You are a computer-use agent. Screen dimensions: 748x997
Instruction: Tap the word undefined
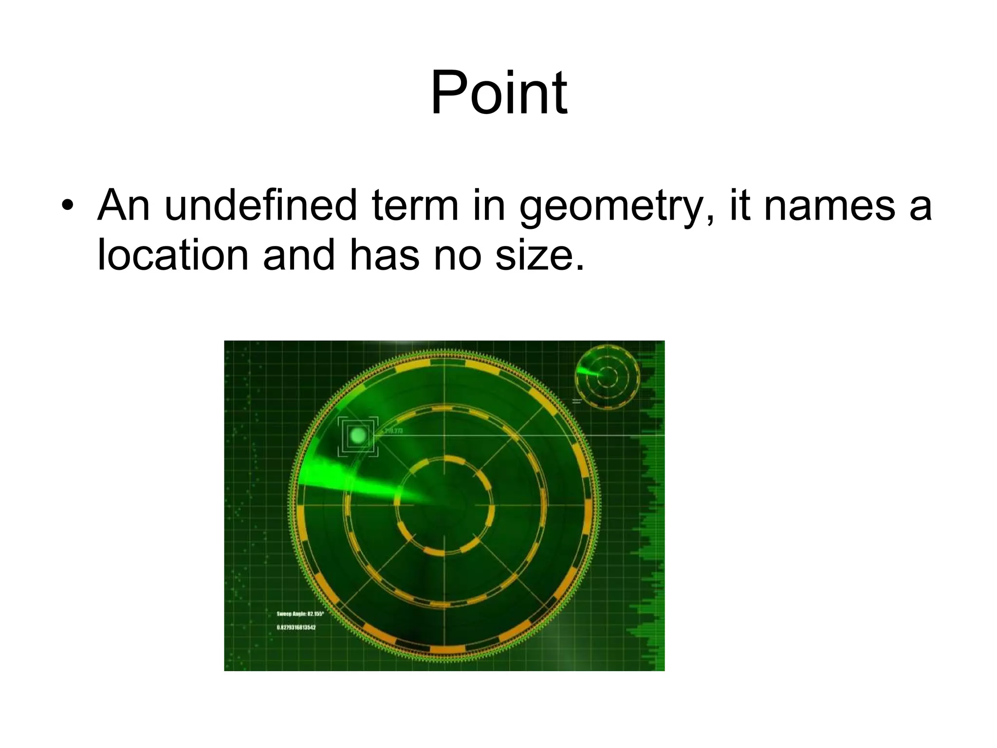pos(261,206)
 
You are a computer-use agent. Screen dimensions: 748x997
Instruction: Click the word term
pos(415,206)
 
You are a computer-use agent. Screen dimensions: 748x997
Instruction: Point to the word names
pos(829,206)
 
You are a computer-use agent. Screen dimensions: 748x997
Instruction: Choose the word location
pos(173,255)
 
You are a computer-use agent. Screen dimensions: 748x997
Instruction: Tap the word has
pos(385,255)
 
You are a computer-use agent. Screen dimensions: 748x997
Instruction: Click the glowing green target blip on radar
pos(358,435)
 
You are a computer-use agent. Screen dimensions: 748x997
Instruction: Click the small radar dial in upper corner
pos(607,377)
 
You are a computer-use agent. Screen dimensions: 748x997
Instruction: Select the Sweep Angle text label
pos(300,614)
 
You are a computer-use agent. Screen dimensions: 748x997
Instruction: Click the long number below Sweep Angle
pos(296,627)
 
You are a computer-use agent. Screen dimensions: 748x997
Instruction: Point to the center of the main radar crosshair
pos(444,505)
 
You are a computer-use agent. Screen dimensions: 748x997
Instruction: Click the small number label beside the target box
pos(393,431)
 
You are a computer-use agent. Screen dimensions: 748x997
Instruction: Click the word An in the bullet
pos(123,206)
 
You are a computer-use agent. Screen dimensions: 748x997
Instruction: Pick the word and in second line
pos(298,255)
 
